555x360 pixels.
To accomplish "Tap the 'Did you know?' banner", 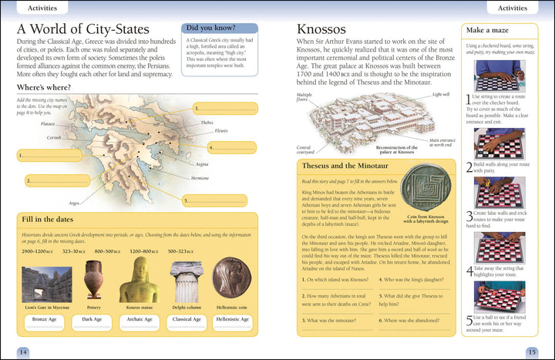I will tap(220, 29).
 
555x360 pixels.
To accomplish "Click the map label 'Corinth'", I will tap(53, 137).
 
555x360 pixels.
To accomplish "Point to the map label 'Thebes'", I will tap(207, 123).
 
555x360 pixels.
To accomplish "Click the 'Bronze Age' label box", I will tap(45, 318).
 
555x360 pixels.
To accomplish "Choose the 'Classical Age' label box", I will tap(187, 318).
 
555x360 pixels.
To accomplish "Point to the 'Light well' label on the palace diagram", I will tap(440, 94).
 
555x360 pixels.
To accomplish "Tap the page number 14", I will tap(23, 352).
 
